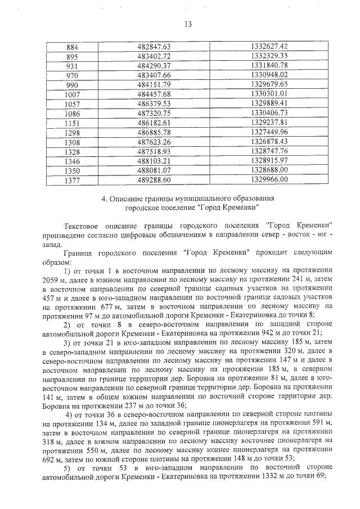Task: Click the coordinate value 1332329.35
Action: tap(270, 56)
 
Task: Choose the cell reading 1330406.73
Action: tap(270, 113)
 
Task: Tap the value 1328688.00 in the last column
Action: tap(270, 170)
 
